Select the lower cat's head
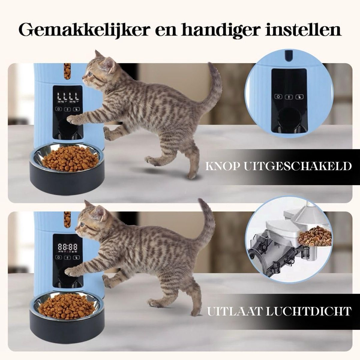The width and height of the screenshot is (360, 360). pyautogui.click(x=90, y=220)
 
